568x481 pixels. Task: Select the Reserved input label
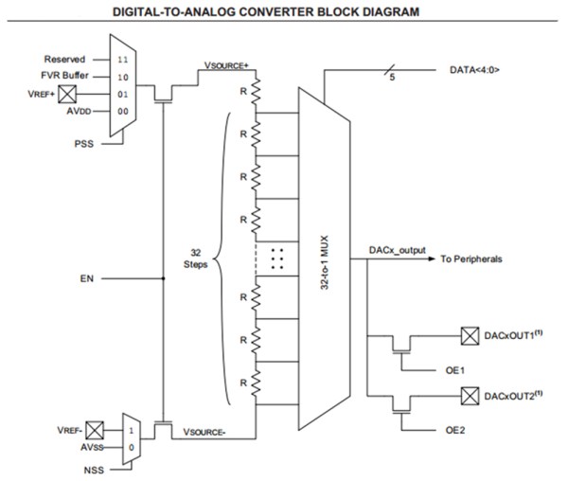(x=64, y=59)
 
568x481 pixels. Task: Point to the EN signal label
(x=88, y=279)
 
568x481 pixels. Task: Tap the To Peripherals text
(x=470, y=259)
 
